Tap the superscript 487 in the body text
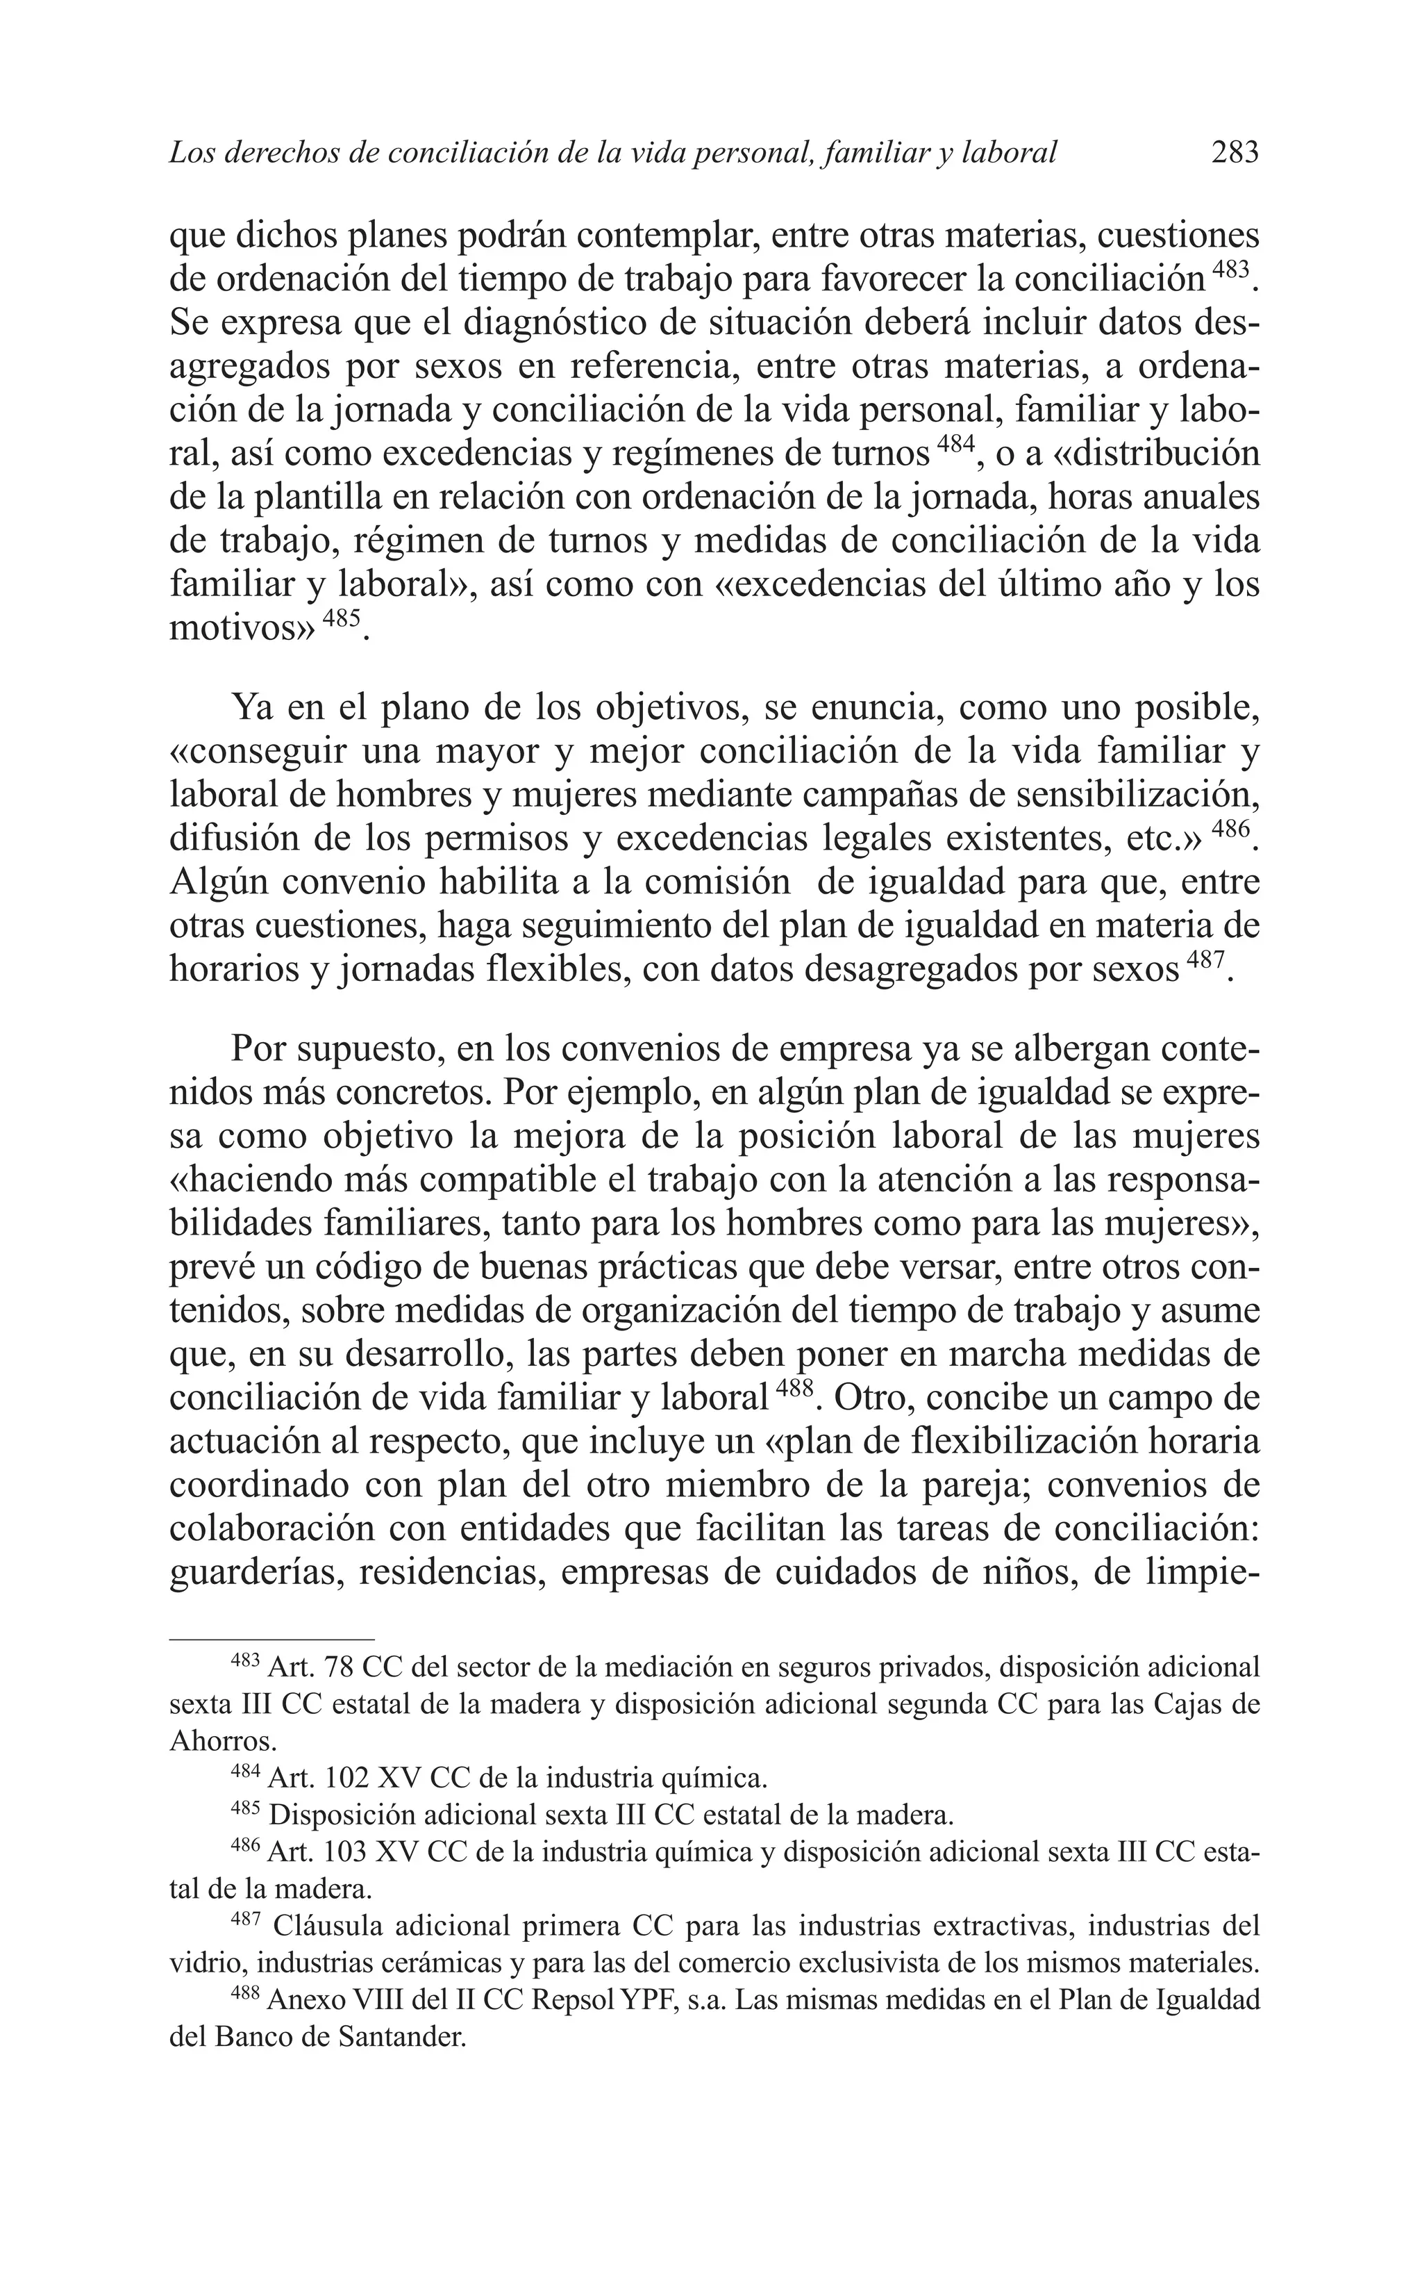click(1205, 962)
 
